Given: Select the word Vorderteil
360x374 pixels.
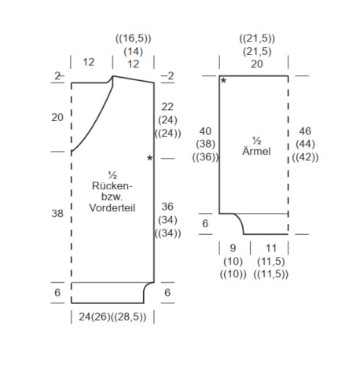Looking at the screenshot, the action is pyautogui.click(x=112, y=208).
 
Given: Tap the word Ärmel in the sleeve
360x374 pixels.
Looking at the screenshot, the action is pyautogui.click(x=256, y=151).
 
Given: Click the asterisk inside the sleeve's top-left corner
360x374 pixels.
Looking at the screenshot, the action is pyautogui.click(x=223, y=81).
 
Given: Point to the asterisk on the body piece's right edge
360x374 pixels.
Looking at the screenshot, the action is pyautogui.click(x=149, y=158).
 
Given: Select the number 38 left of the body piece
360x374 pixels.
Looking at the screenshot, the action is pyautogui.click(x=57, y=214).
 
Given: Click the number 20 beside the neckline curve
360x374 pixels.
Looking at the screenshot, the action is pyautogui.click(x=57, y=117).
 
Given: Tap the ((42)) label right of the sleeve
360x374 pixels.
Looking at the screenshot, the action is pyautogui.click(x=305, y=157).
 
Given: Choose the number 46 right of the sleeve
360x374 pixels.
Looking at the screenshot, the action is pyautogui.click(x=305, y=131).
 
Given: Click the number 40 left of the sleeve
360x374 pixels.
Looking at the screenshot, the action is pyautogui.click(x=205, y=131).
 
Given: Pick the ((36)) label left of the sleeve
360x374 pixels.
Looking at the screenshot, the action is pyautogui.click(x=205, y=157).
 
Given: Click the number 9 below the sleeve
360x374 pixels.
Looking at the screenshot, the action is pyautogui.click(x=233, y=248).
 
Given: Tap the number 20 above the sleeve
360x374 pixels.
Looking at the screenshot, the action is pyautogui.click(x=257, y=64).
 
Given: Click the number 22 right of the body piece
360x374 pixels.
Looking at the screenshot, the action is pyautogui.click(x=167, y=107).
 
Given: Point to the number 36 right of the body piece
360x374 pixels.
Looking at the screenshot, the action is pyautogui.click(x=167, y=207).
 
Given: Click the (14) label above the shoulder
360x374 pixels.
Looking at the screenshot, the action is pyautogui.click(x=134, y=51).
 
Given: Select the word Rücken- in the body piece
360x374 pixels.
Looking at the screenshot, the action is pyautogui.click(x=112, y=186).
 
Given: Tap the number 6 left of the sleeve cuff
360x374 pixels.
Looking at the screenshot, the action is pyautogui.click(x=205, y=223).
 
